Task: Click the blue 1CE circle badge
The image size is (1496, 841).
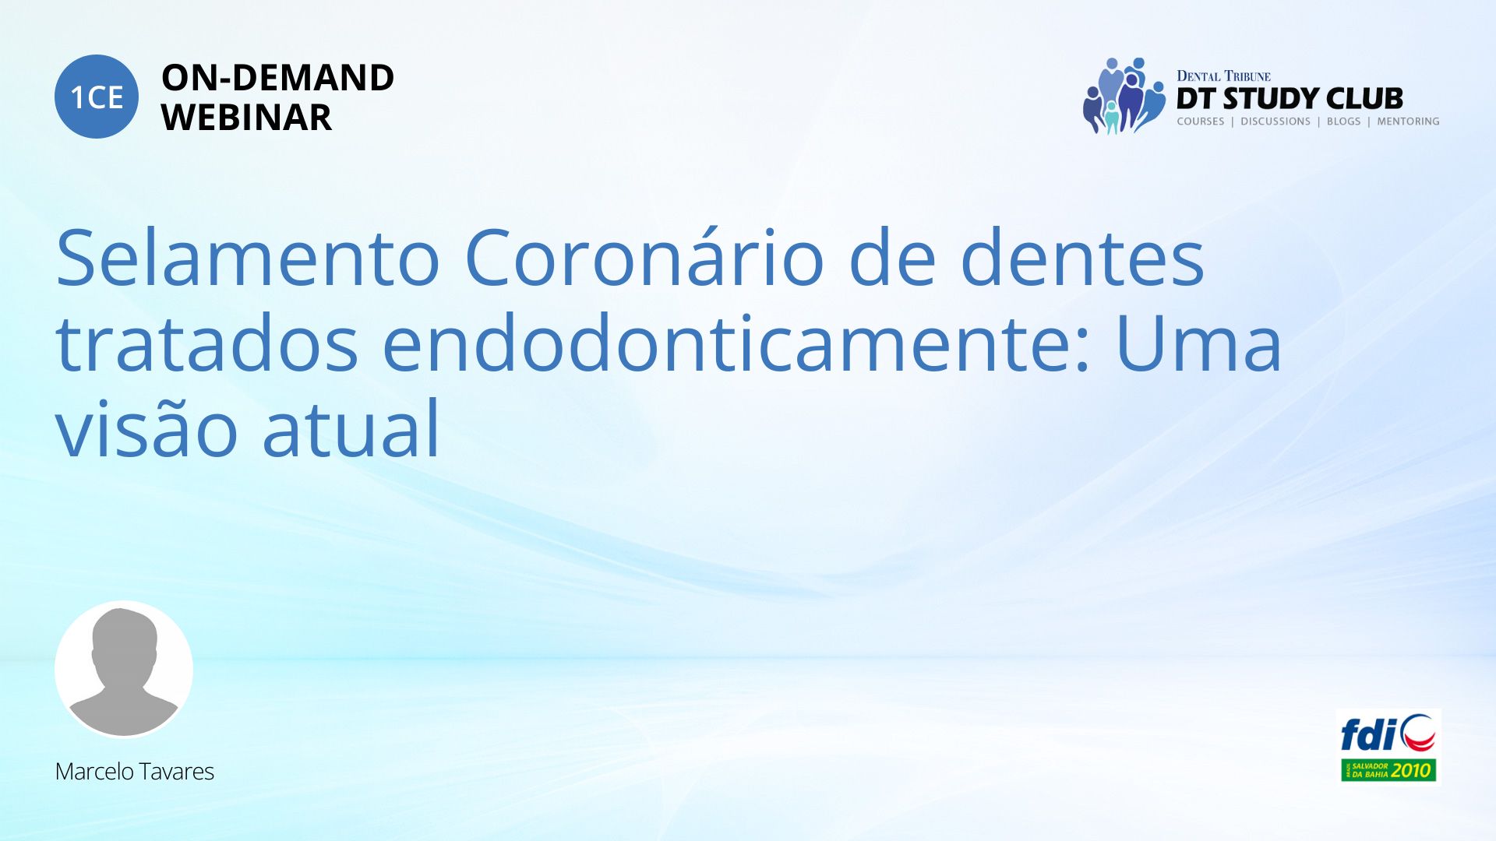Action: click(x=97, y=97)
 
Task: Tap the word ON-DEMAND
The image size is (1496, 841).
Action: click(x=277, y=78)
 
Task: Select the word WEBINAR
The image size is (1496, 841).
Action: click(x=246, y=118)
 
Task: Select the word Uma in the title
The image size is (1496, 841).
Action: click(x=1198, y=343)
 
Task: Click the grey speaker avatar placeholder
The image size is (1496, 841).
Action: click(x=124, y=669)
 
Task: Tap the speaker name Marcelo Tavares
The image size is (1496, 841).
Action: click(x=134, y=772)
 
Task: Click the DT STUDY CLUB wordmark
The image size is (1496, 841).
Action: click(x=1290, y=99)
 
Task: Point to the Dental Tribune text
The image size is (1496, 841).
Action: click(x=1223, y=76)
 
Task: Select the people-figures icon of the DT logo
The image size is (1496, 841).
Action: click(x=1124, y=96)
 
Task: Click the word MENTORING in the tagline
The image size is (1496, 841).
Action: click(x=1408, y=121)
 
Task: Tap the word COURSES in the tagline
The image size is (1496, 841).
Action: click(x=1200, y=121)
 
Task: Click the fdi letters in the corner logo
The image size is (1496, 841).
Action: click(x=1368, y=734)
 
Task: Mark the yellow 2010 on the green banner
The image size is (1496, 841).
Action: click(x=1411, y=771)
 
